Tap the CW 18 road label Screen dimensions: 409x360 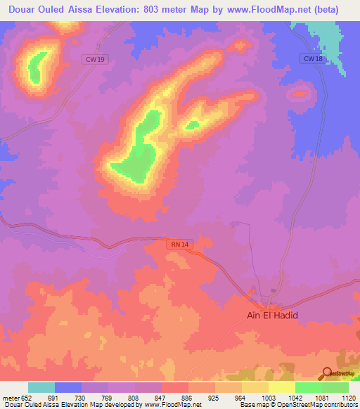point(313,59)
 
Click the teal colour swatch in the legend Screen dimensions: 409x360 point(41,387)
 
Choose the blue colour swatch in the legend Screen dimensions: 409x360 point(68,387)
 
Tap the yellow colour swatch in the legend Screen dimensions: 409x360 point(282,387)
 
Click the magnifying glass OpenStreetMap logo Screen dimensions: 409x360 point(328,373)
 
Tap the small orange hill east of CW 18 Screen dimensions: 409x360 point(300,92)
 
